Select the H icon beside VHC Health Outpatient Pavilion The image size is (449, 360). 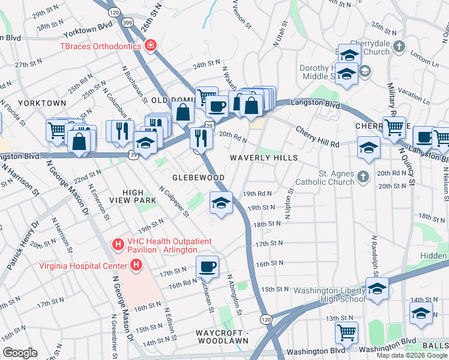[x=118, y=245]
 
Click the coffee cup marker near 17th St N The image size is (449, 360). [x=207, y=266]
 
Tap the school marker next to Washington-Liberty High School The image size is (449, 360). [x=376, y=289]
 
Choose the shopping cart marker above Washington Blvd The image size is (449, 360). [x=346, y=332]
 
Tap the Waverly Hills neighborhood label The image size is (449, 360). [x=264, y=158]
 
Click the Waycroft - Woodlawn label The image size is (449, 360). [x=221, y=337]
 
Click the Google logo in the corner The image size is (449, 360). [x=20, y=353]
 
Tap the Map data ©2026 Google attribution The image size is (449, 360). [x=412, y=355]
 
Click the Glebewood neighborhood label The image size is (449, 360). [x=198, y=178]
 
